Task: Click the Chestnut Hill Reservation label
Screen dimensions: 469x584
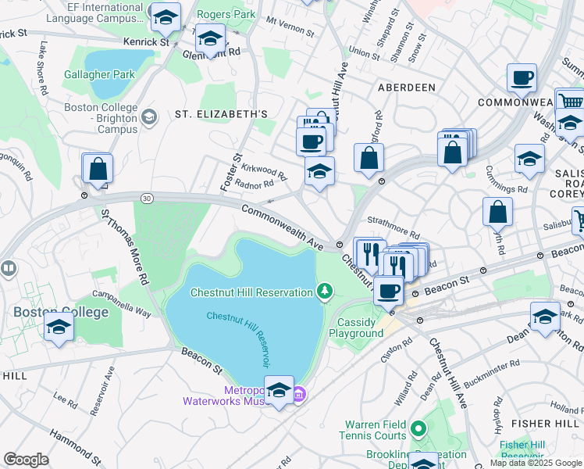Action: click(251, 292)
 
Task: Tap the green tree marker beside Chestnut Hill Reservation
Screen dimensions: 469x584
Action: click(325, 292)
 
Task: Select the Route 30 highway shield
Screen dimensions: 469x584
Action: click(146, 199)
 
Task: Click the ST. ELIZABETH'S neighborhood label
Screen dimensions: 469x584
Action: click(221, 114)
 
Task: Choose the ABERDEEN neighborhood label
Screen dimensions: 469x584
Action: click(406, 88)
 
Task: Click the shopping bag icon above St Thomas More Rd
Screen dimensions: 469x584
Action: click(98, 168)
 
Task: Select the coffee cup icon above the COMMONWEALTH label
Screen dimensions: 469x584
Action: click(522, 78)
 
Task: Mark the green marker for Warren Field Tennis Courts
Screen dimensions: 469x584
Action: click(418, 428)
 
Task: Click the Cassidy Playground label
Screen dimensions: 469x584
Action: click(360, 328)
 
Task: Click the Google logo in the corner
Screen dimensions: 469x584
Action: click(26, 460)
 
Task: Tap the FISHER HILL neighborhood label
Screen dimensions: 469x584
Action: click(538, 423)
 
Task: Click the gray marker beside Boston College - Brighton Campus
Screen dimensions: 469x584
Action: click(148, 117)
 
